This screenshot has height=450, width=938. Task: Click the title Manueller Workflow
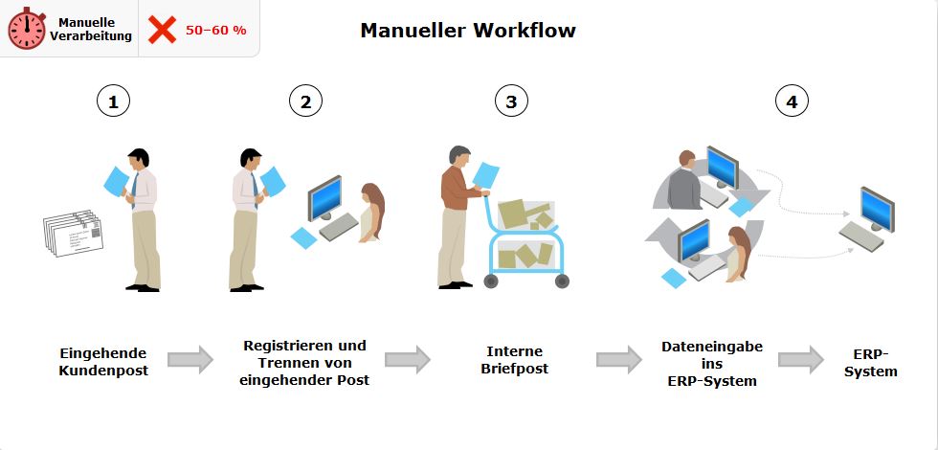tap(467, 31)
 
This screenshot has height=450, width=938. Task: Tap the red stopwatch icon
tap(27, 29)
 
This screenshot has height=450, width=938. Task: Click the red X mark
tap(162, 30)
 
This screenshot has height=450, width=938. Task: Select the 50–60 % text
tap(215, 30)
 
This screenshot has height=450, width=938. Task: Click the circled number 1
tap(113, 101)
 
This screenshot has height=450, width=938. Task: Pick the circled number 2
tap(305, 101)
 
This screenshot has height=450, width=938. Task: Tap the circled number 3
tap(511, 101)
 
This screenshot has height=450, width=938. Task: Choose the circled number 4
tap(792, 101)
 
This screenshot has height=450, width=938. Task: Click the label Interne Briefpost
tap(515, 361)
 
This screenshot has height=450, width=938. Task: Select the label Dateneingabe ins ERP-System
tap(712, 363)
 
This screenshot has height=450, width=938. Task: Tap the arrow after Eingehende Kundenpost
tap(190, 360)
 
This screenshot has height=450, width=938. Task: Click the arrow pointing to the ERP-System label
tap(800, 360)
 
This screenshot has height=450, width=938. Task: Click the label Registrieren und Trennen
tap(304, 362)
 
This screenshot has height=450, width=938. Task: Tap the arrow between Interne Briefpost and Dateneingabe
tap(618, 360)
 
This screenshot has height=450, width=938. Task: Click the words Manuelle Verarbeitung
tap(91, 29)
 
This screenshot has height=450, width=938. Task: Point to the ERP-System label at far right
tap(871, 362)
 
